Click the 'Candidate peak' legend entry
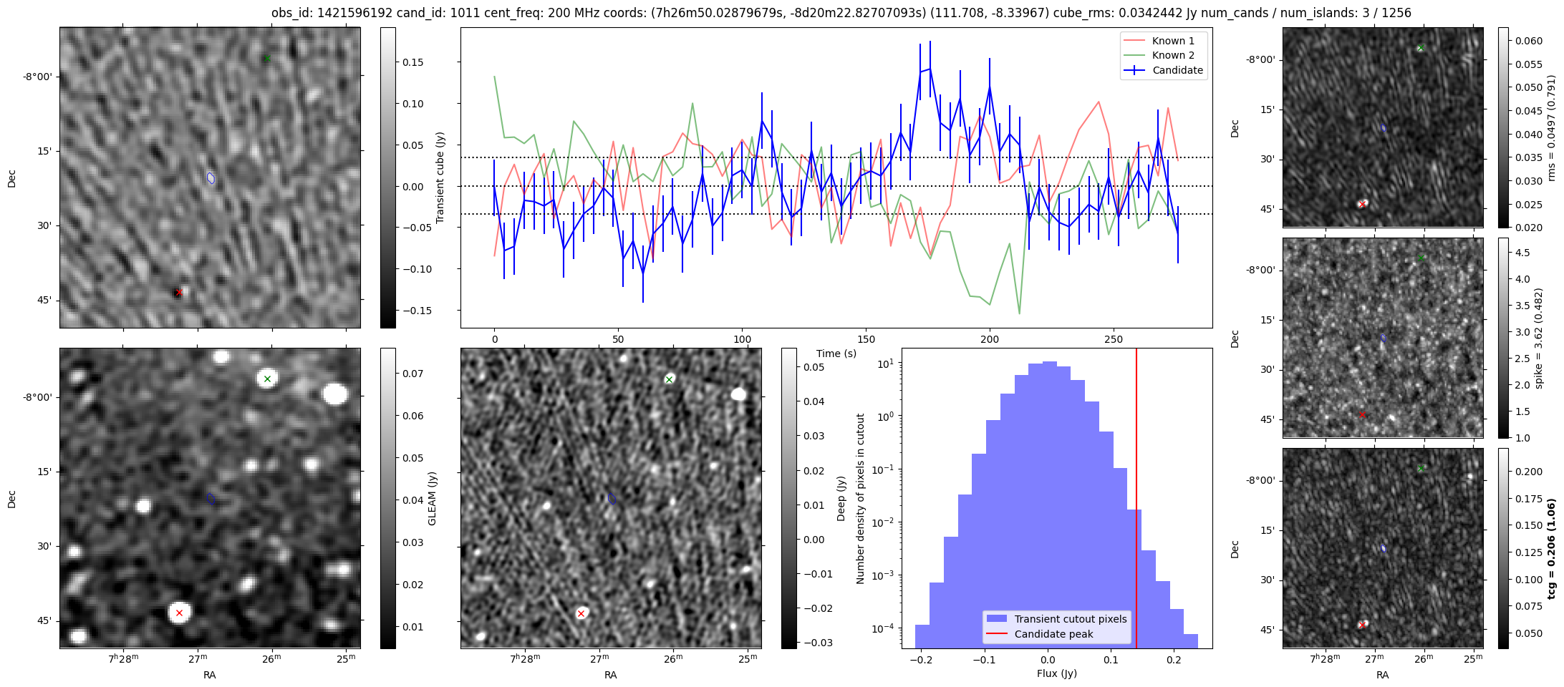(1053, 634)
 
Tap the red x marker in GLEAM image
(179, 613)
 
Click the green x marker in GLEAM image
(267, 379)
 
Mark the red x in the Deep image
(581, 613)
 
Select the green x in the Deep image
(669, 379)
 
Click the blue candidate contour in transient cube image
(211, 177)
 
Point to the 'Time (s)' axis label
(836, 354)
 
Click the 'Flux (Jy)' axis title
(1056, 673)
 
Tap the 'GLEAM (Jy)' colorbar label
(432, 499)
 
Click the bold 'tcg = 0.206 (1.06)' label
(1551, 548)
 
